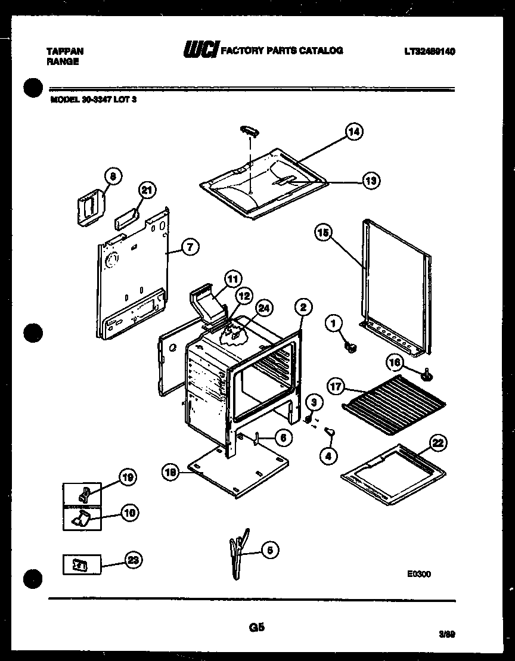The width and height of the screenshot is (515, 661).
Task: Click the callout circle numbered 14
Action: point(354,132)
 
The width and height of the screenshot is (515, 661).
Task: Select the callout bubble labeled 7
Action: point(190,247)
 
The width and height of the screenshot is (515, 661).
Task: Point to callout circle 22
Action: point(438,443)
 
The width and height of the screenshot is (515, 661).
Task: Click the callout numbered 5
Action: point(269,551)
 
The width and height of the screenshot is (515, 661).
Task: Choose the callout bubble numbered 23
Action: point(134,560)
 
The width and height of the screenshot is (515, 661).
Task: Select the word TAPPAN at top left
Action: point(64,51)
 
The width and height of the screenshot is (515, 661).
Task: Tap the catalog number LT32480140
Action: point(429,52)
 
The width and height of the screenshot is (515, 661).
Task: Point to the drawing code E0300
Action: point(418,574)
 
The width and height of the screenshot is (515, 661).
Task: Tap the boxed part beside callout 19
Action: point(83,493)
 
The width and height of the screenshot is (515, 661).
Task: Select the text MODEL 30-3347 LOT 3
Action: point(94,100)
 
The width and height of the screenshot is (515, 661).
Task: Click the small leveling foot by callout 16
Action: point(427,374)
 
